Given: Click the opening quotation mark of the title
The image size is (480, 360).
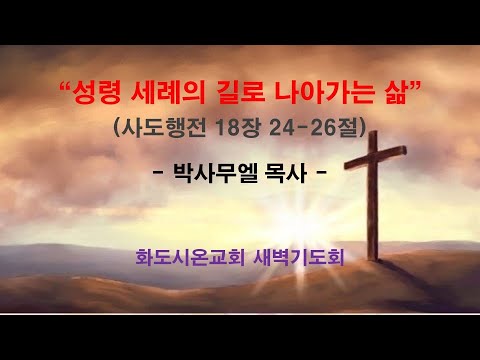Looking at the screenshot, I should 66,91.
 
